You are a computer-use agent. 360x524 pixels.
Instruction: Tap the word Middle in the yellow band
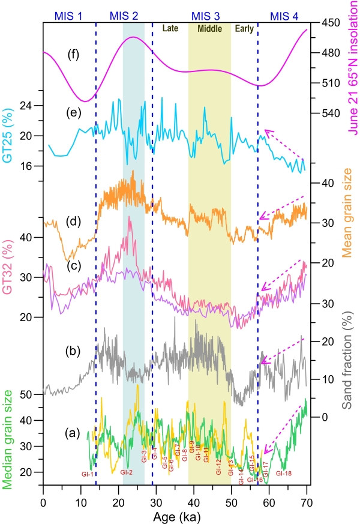(209, 28)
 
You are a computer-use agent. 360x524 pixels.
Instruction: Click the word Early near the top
(244, 28)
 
